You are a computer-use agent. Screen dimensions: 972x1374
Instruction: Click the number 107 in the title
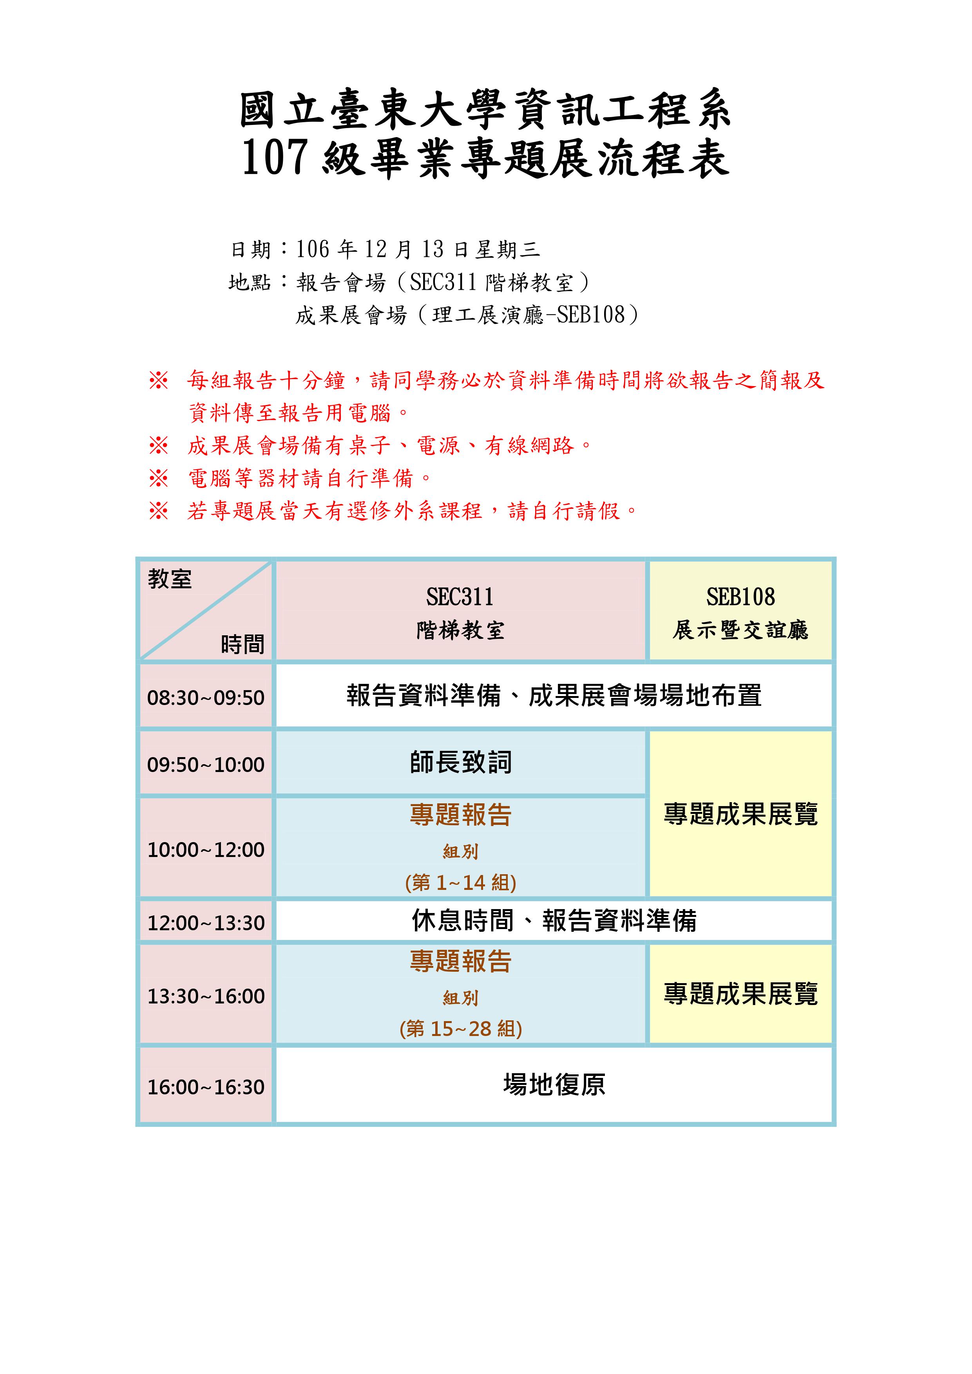pyautogui.click(x=275, y=157)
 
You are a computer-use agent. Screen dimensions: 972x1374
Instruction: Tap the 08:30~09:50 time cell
pyautogui.click(x=206, y=698)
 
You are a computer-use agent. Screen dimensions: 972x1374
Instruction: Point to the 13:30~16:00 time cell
pyautogui.click(x=206, y=996)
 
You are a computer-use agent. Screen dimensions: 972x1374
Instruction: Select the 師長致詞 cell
pyautogui.click(x=461, y=763)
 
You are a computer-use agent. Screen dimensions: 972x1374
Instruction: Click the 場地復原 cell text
pyautogui.click(x=554, y=1085)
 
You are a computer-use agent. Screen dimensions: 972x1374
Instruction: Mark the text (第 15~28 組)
pyautogui.click(x=460, y=1029)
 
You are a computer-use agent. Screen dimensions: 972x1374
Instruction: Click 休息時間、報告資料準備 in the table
pyautogui.click(x=554, y=920)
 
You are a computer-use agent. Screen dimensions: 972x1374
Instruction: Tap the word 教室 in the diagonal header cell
pyautogui.click(x=170, y=579)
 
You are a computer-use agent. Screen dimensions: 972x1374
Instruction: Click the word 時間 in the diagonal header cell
pyautogui.click(x=243, y=645)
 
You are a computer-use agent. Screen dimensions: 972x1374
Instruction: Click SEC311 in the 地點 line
pyautogui.click(x=443, y=282)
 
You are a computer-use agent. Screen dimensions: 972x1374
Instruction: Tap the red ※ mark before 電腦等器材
pyautogui.click(x=159, y=478)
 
